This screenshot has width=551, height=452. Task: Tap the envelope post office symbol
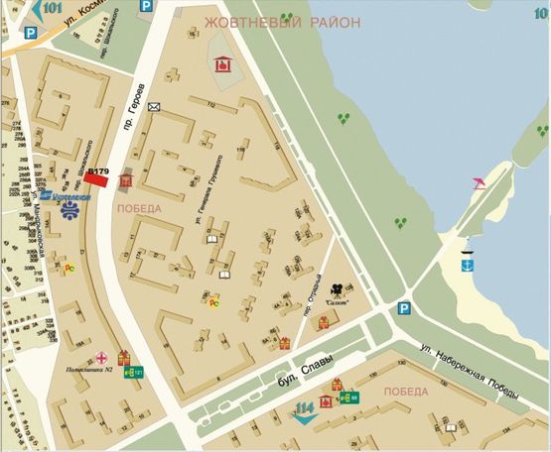pyautogui.click(x=153, y=106)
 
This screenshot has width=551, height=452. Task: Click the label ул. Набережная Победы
pyautogui.click(x=467, y=372)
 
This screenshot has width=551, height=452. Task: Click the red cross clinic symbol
pyautogui.click(x=101, y=355)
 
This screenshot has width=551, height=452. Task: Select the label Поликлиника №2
pyautogui.click(x=89, y=369)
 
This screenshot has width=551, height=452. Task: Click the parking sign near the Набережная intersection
pyautogui.click(x=403, y=308)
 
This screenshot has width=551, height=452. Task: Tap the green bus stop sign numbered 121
pyautogui.click(x=130, y=373)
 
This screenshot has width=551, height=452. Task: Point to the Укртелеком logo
pyautogui.click(x=69, y=197)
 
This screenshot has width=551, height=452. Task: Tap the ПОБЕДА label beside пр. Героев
pyautogui.click(x=138, y=209)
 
